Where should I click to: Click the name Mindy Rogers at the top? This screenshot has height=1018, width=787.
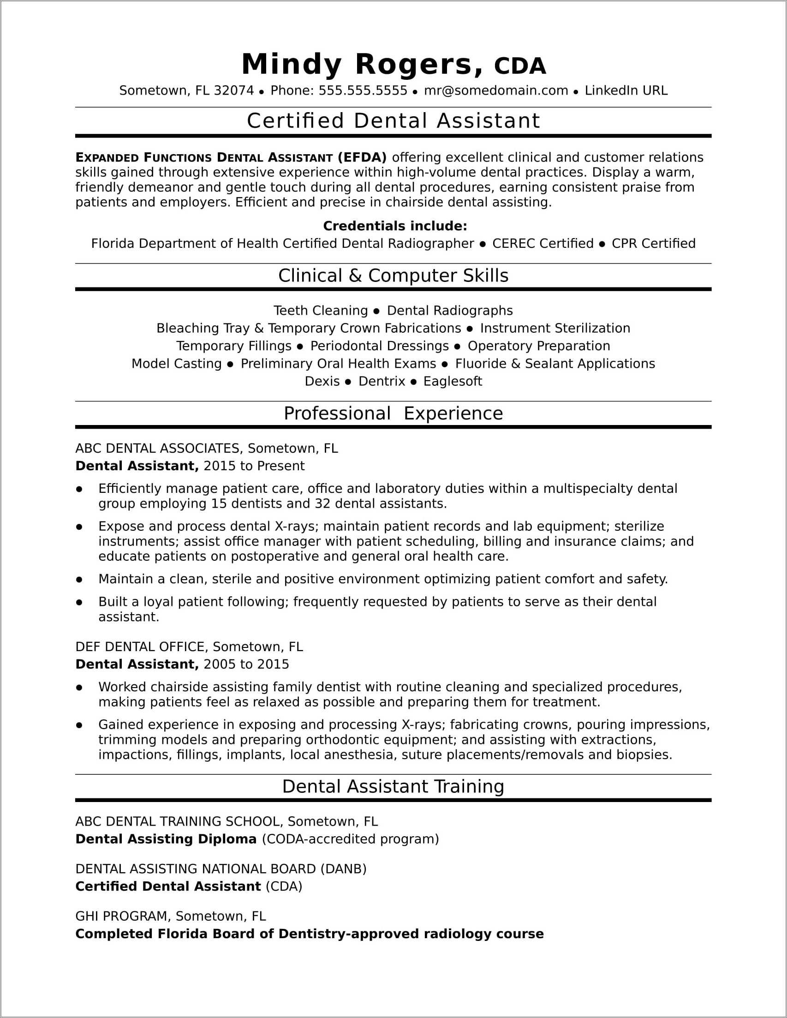362,64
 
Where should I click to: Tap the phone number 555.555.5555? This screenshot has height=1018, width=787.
363,90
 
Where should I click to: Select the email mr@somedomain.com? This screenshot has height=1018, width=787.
496,90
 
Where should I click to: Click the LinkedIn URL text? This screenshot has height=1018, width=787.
626,90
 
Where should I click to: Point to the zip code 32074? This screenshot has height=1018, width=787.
233,90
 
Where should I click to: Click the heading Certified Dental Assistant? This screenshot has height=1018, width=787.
393,121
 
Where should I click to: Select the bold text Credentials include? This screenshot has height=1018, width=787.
395,226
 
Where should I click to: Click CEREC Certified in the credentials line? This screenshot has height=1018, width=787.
543,243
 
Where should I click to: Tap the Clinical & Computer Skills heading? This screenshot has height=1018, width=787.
393,275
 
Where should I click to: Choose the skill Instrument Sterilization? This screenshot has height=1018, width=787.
555,328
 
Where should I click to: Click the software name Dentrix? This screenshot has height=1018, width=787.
382,381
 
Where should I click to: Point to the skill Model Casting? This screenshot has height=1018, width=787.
176,364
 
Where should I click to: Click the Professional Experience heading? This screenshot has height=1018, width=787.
393,413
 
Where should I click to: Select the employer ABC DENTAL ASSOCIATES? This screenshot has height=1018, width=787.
157,449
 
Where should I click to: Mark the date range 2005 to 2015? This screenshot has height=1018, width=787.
246,664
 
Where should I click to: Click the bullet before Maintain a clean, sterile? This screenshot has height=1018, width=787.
79,580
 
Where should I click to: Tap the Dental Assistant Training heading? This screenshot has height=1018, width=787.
393,786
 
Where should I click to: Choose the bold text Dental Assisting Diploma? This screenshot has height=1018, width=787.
166,839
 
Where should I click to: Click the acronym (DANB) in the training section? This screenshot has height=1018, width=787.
343,869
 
